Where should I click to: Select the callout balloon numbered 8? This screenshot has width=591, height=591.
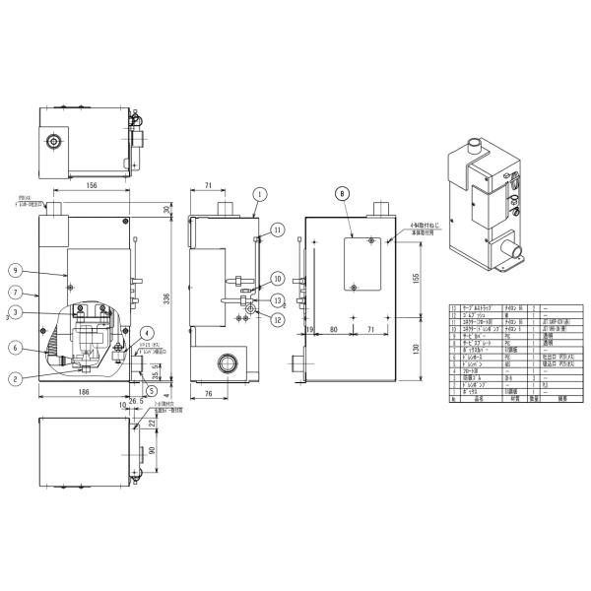pos(342,195)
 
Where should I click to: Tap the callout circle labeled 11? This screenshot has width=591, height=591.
pos(278,230)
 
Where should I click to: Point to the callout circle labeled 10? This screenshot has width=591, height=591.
pos(278,278)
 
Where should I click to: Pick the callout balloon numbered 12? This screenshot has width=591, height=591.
pos(278,318)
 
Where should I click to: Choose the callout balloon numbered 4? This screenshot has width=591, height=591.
pos(147,332)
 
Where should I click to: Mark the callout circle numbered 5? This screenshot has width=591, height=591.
pos(152,387)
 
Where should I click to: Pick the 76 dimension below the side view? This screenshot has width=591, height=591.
pos(208,394)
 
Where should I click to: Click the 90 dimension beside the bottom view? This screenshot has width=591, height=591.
pos(154,451)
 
